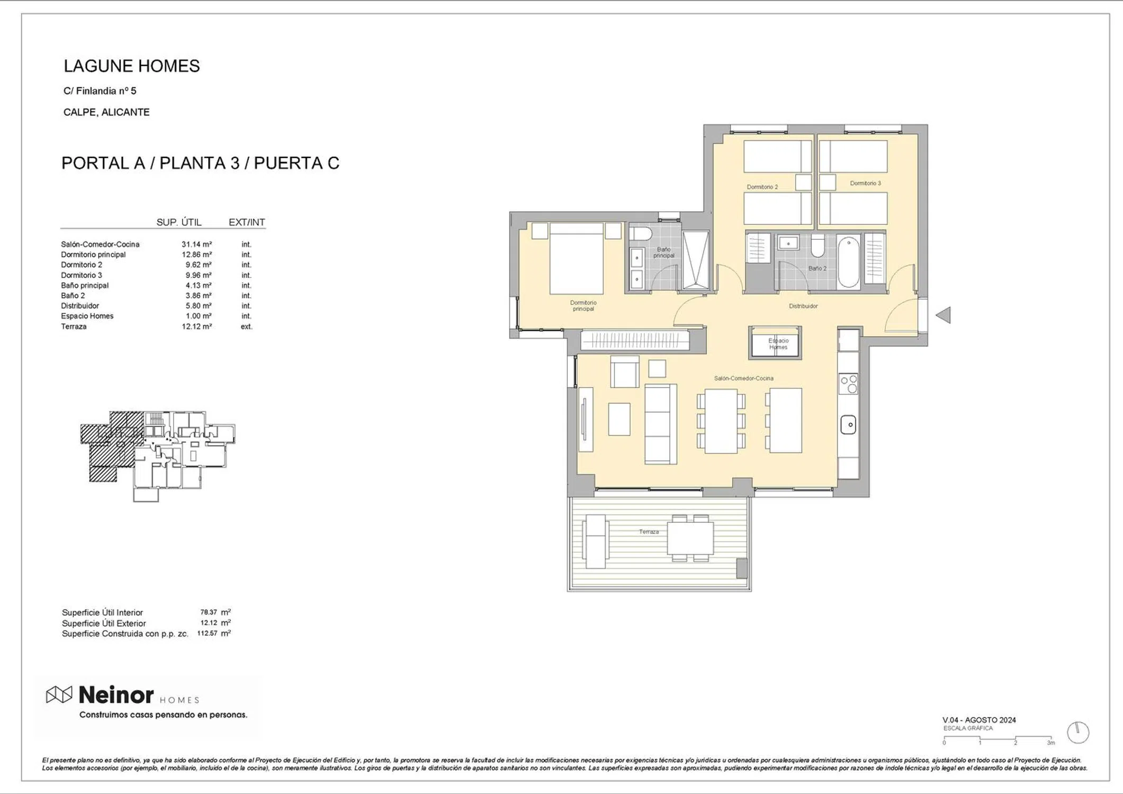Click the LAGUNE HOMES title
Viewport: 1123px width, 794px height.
[x=132, y=66]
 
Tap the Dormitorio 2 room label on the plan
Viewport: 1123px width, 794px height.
[x=762, y=187]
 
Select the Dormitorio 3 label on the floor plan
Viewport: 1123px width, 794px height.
[x=865, y=183]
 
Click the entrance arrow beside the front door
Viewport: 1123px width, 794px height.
[x=943, y=315]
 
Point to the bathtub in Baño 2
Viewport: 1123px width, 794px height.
[x=848, y=261]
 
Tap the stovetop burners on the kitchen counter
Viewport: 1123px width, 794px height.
[x=848, y=384]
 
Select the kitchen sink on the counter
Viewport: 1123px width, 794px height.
[x=848, y=425]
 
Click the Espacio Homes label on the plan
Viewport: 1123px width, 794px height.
[x=778, y=344]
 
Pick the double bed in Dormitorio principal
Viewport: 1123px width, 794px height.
[x=576, y=258]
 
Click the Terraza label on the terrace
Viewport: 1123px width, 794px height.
[x=649, y=531]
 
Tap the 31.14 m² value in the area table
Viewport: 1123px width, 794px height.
[x=196, y=245]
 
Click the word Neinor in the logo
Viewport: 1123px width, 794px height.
[x=116, y=695]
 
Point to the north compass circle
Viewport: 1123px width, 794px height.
[x=1078, y=733]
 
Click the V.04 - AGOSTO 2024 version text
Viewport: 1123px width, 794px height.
[x=979, y=720]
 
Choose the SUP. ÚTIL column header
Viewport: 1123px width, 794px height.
[x=179, y=222]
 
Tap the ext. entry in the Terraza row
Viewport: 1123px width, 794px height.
[x=247, y=327]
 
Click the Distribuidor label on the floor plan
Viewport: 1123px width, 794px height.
[x=803, y=306]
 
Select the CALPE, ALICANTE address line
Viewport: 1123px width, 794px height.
[x=106, y=112]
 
